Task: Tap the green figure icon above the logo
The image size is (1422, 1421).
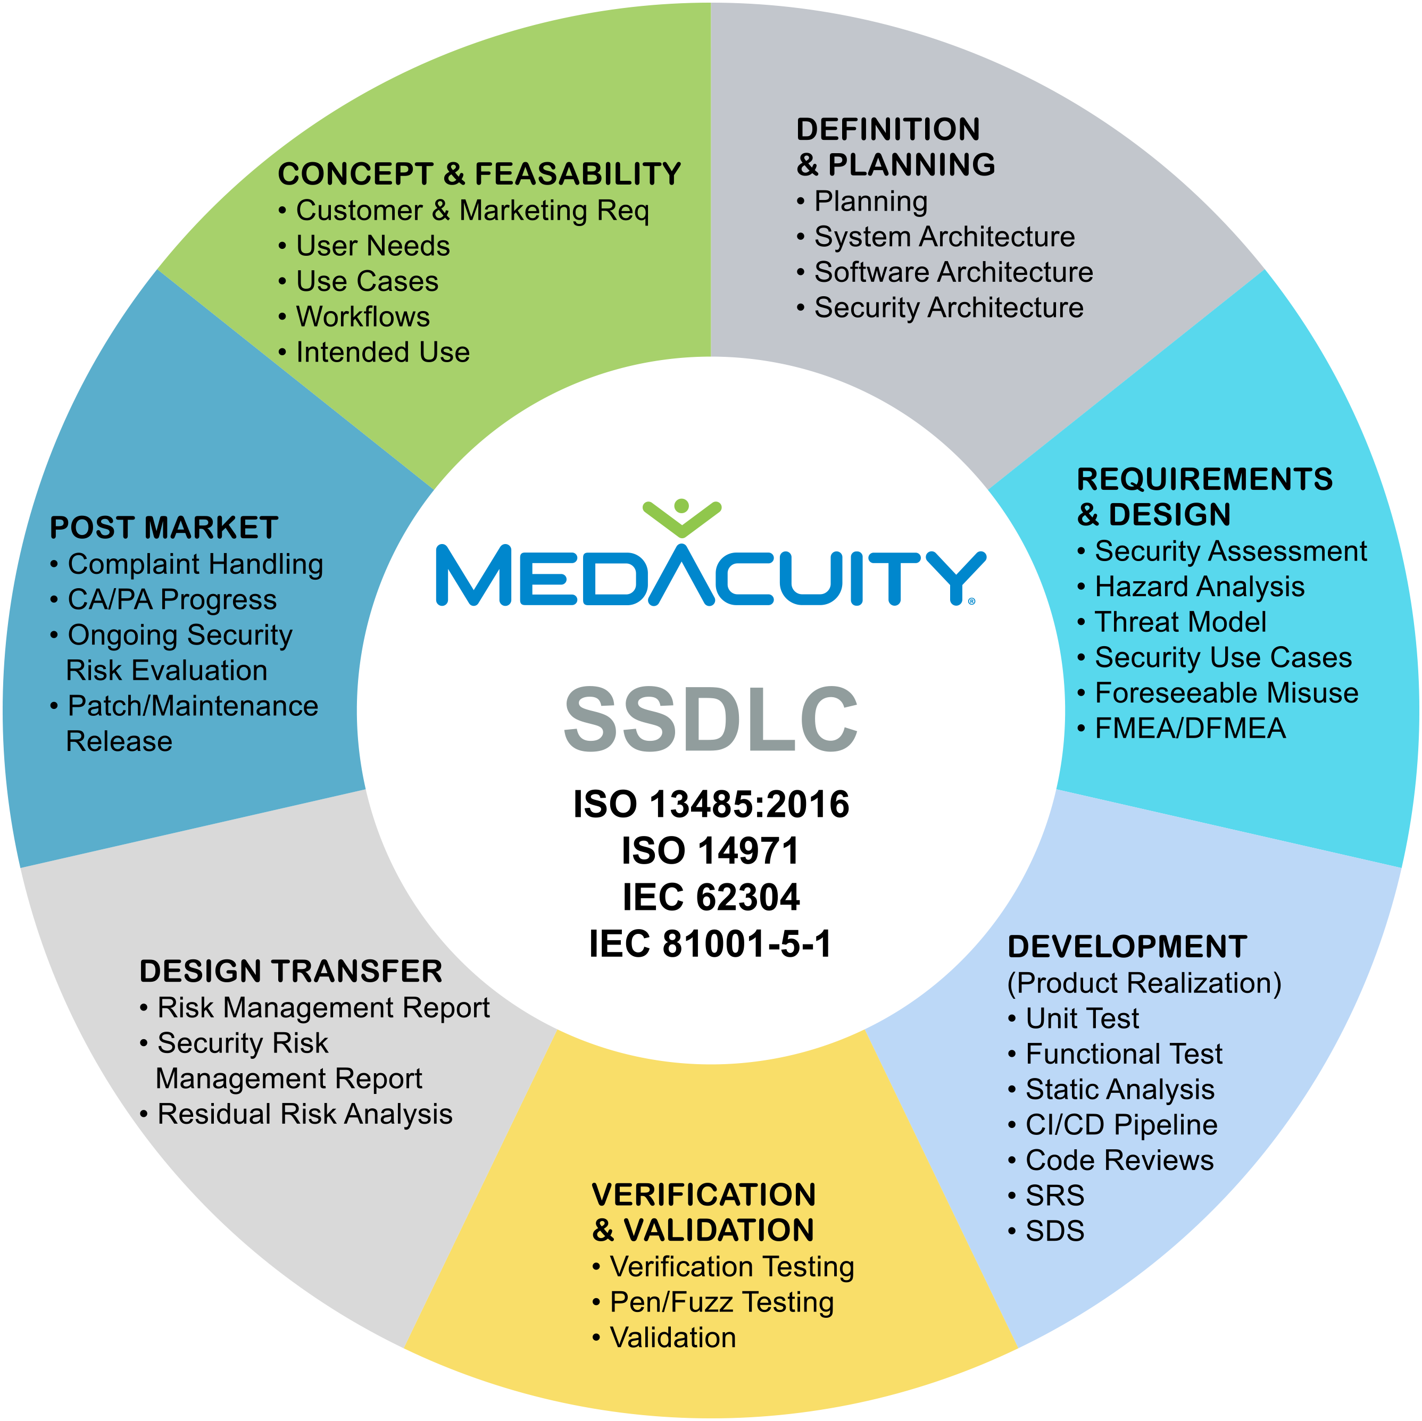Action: [x=681, y=516]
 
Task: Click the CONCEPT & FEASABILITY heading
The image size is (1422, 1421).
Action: [x=479, y=174]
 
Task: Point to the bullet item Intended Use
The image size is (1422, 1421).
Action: [x=382, y=353]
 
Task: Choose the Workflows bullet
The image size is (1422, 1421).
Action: [x=362, y=317]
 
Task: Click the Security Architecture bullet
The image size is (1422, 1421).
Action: [x=948, y=307]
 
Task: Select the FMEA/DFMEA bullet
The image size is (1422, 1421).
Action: [x=1190, y=729]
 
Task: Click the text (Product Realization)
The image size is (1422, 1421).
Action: [x=1144, y=983]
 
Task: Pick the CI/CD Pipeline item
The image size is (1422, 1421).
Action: [x=1121, y=1124]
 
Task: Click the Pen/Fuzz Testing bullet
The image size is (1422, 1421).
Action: [x=721, y=1302]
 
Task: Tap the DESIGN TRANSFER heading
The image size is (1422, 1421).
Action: [x=290, y=972]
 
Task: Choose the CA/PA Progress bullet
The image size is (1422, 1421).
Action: [x=171, y=600]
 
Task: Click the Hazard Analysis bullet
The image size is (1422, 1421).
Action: [x=1199, y=587]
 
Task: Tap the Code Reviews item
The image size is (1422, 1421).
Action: [x=1119, y=1160]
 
